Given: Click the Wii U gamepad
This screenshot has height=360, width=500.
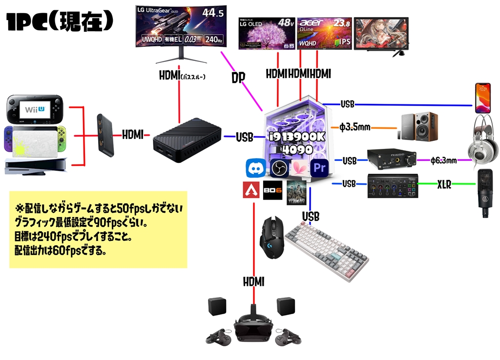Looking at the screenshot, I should (x=34, y=109).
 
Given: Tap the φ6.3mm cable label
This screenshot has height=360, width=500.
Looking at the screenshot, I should (x=444, y=160).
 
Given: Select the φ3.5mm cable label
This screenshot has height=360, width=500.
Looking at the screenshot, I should (x=355, y=128).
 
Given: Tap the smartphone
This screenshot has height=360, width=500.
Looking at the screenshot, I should (x=482, y=97).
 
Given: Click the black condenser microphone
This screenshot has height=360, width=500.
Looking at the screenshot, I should (x=485, y=193).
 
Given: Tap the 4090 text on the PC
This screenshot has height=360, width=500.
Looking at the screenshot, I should (x=295, y=149).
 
